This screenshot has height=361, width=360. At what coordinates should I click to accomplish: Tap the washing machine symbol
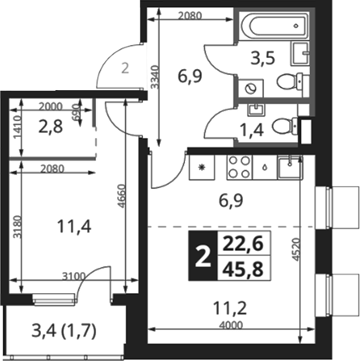[251, 88]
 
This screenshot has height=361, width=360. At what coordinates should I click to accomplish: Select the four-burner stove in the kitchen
[239, 167]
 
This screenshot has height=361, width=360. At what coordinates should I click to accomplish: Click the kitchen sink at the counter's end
[290, 167]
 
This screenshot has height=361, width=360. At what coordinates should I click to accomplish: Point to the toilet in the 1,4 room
[284, 126]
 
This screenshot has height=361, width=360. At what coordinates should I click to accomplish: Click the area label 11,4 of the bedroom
[74, 226]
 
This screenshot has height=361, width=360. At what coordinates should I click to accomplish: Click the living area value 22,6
[243, 243]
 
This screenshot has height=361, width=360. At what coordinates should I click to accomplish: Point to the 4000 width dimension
[231, 325]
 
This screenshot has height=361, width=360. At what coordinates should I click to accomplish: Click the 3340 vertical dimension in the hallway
[155, 77]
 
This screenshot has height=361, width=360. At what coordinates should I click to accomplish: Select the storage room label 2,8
[50, 127]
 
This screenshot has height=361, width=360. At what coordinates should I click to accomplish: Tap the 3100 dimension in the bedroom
[74, 276]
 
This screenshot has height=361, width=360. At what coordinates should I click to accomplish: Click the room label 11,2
[230, 308]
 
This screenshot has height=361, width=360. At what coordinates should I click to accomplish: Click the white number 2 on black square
[203, 256]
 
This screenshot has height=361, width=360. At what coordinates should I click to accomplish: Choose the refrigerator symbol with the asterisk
[202, 167]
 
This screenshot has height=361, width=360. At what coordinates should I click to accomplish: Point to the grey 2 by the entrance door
[125, 68]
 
